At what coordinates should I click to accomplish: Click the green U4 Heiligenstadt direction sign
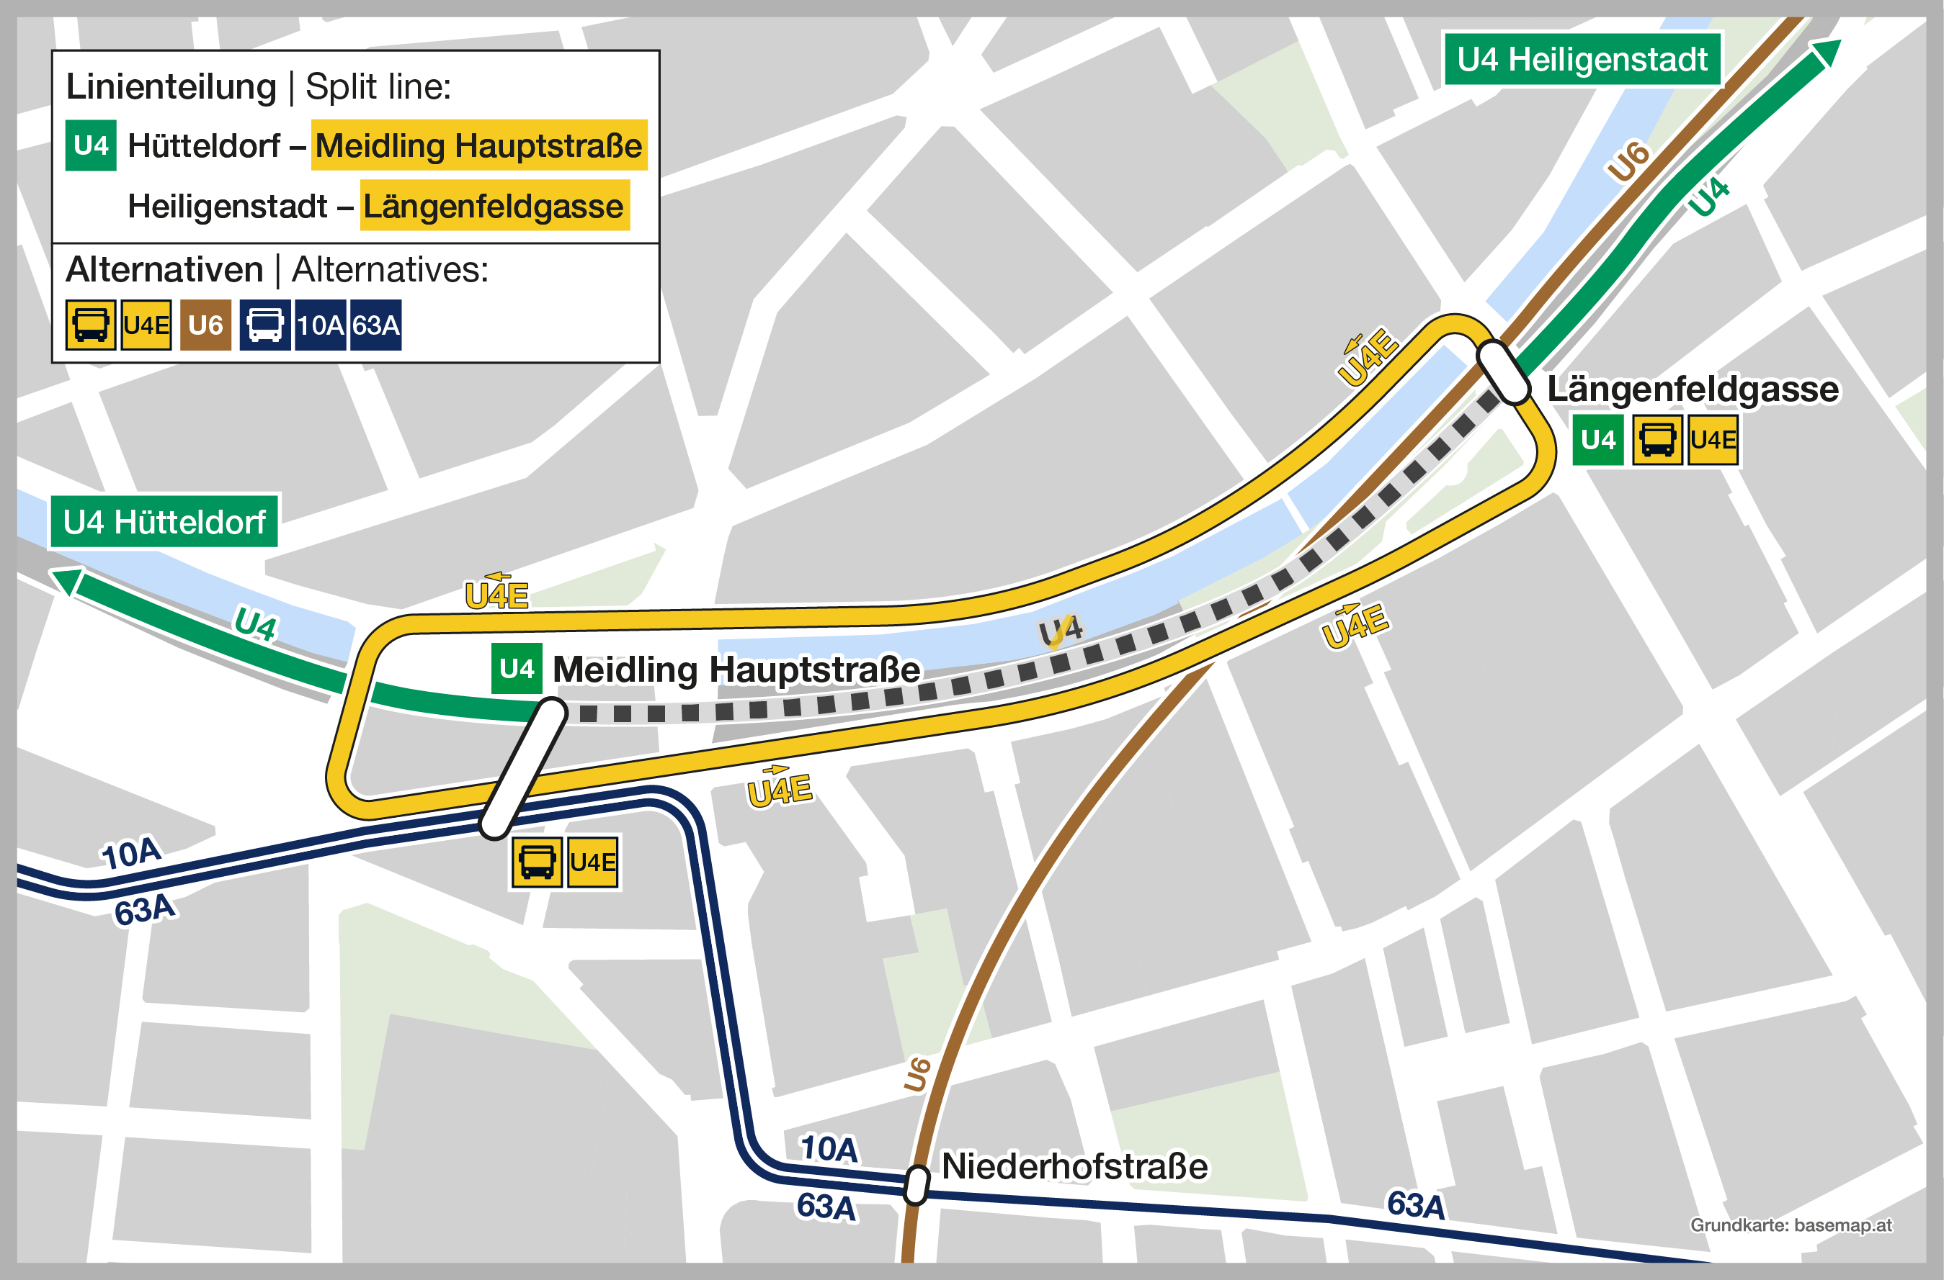click(x=1582, y=60)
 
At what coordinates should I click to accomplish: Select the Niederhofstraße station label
click(x=1074, y=1166)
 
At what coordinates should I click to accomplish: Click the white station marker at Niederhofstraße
click(x=917, y=1184)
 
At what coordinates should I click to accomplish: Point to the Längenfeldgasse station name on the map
click(x=1693, y=389)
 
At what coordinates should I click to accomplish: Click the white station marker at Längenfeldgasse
click(x=1503, y=372)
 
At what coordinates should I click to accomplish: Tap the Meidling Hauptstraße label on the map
click(x=736, y=670)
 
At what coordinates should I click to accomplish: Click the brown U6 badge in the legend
click(x=205, y=325)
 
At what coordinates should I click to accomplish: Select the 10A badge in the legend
click(x=320, y=325)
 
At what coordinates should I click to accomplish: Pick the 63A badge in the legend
click(x=375, y=325)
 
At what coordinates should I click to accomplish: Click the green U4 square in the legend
click(x=91, y=146)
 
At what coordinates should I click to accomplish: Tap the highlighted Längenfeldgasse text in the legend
click(x=494, y=206)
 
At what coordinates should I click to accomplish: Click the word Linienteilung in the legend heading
click(x=171, y=86)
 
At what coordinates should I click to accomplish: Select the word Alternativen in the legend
click(x=164, y=269)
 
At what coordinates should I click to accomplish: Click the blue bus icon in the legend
click(x=264, y=325)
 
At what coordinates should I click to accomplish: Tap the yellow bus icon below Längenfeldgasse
click(x=1657, y=440)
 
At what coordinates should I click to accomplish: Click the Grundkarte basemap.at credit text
click(x=1791, y=1225)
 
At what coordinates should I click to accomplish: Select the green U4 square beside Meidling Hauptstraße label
click(x=516, y=670)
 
